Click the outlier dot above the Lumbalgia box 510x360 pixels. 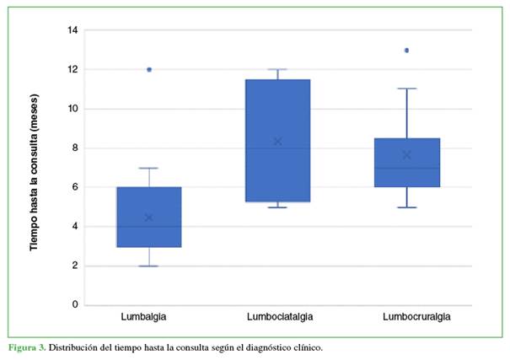[x=149, y=70]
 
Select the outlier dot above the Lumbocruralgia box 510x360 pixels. [x=406, y=51]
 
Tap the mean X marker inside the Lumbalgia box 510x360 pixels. [x=149, y=218]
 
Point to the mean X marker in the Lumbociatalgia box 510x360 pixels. [x=277, y=142]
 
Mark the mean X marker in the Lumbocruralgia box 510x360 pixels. [x=406, y=155]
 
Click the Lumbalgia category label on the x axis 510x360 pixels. [x=149, y=317]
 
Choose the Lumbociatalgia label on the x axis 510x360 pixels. [x=277, y=317]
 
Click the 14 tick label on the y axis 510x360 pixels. [x=73, y=30]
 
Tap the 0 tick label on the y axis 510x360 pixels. [x=76, y=305]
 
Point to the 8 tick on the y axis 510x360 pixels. [x=76, y=148]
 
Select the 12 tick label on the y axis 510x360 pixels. [x=73, y=70]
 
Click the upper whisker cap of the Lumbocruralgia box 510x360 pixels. [x=406, y=89]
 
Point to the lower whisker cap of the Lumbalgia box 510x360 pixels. [x=149, y=266]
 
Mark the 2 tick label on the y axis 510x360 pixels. [x=76, y=266]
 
